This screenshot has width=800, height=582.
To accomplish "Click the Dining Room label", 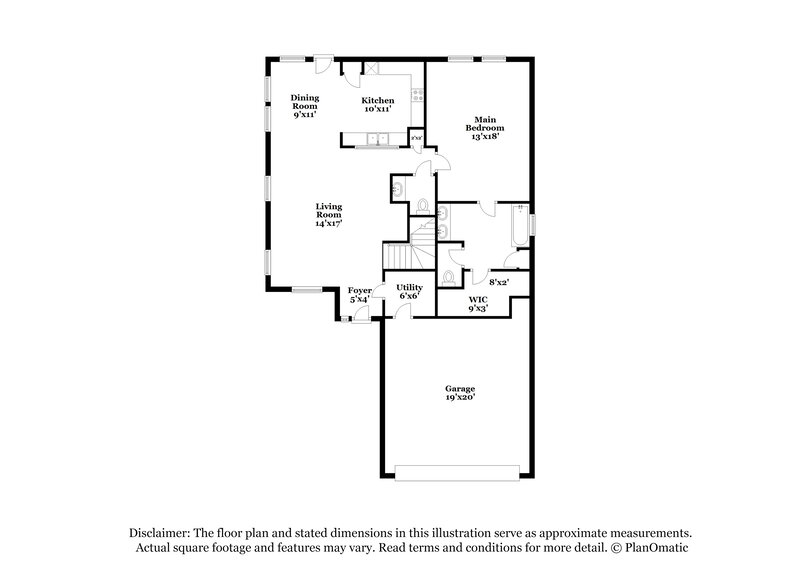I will tap(305, 102).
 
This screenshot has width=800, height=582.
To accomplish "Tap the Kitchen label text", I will tap(377, 101).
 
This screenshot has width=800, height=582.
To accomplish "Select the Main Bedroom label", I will tap(485, 124).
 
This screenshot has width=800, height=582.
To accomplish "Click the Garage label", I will tap(460, 388).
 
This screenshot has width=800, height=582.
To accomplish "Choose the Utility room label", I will tap(410, 288).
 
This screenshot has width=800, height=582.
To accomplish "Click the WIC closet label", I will tap(478, 299).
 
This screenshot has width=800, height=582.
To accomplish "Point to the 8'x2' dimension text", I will tap(498, 283).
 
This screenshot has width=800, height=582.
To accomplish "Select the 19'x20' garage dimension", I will tap(460, 397).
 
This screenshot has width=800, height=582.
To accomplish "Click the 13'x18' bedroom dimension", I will tap(485, 136).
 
